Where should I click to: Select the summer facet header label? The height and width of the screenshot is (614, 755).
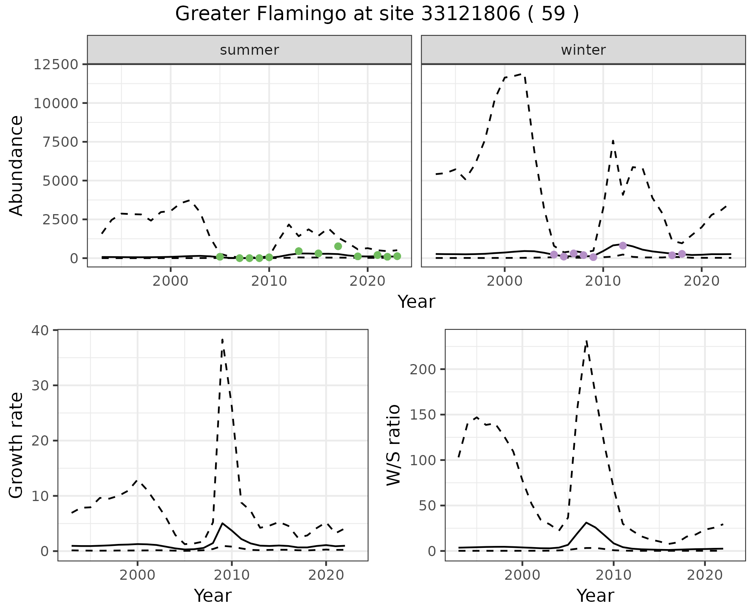(x=249, y=50)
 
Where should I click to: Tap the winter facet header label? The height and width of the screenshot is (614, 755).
(x=583, y=50)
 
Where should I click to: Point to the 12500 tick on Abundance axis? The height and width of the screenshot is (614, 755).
(x=56, y=64)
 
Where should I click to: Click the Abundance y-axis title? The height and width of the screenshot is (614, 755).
(x=17, y=165)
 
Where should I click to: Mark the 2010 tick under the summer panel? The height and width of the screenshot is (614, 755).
(x=269, y=281)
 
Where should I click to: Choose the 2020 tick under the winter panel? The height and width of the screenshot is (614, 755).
(x=702, y=281)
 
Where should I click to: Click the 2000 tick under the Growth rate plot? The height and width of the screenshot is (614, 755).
(x=137, y=575)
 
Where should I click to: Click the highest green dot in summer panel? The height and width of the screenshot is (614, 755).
(x=338, y=246)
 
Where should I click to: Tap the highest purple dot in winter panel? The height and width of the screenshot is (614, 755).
(x=623, y=246)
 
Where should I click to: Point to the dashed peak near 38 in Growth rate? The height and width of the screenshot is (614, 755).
(x=223, y=340)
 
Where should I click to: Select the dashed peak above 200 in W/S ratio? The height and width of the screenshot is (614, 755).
(x=586, y=342)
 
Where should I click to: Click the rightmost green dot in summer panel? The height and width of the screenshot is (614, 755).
(x=397, y=256)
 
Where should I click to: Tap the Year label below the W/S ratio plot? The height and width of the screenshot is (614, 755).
(x=595, y=596)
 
